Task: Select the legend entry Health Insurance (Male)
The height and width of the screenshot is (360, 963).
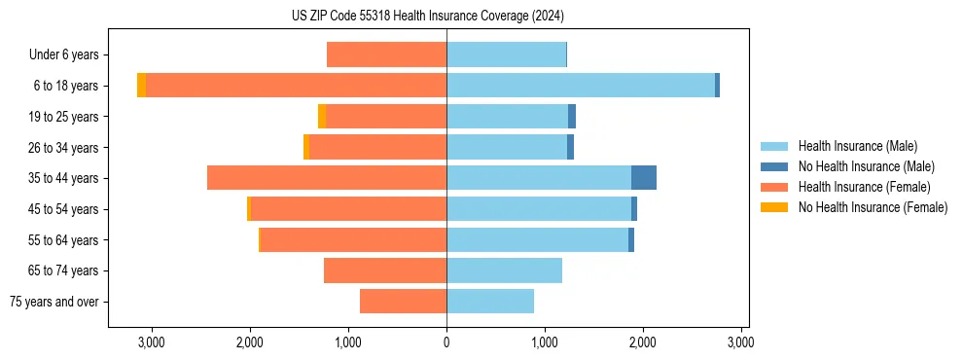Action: pyautogui.click(x=857, y=146)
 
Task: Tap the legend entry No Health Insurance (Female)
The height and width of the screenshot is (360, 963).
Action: pyautogui.click(x=873, y=207)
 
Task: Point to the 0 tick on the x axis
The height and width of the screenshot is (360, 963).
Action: pyautogui.click(x=446, y=342)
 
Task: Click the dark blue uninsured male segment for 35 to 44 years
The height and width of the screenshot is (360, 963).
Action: pyautogui.click(x=644, y=178)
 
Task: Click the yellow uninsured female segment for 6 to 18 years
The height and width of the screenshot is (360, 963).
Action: pyautogui.click(x=142, y=86)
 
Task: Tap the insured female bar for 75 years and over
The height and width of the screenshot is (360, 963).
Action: pyautogui.click(x=403, y=302)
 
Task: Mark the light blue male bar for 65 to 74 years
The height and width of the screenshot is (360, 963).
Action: pyautogui.click(x=504, y=270)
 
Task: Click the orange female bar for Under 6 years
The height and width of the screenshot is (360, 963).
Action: pyautogui.click(x=386, y=55)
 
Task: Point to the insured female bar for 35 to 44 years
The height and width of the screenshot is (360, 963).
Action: pyautogui.click(x=327, y=178)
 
